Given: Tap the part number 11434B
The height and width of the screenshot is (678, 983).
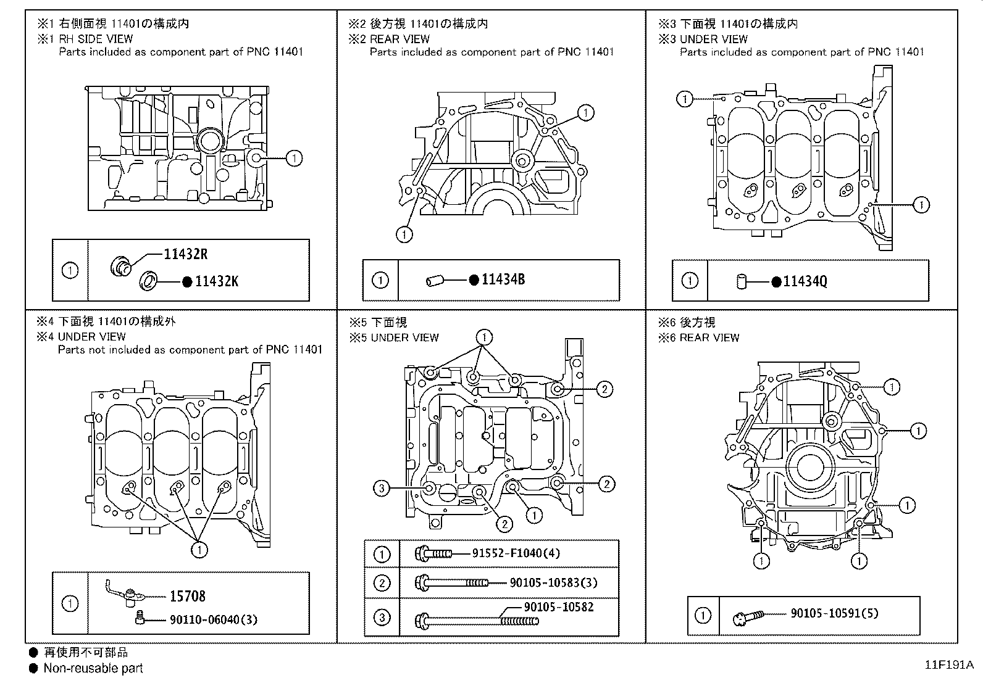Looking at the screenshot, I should tap(503, 279).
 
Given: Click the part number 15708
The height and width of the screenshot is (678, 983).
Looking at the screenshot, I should tap(187, 596).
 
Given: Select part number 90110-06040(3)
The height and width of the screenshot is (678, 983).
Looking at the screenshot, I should tap(213, 619).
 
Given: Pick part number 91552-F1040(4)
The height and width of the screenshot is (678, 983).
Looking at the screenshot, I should tap(516, 553).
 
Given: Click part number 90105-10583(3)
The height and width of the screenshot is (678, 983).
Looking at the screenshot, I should tap(553, 582).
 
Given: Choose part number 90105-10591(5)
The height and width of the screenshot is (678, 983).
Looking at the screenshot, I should tap(834, 613).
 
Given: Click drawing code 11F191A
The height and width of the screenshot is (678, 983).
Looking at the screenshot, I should tap(948, 665).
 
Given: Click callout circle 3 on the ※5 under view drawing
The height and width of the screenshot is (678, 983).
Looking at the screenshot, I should tap(382, 489).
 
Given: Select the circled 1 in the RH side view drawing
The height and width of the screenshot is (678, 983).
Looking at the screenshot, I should tap(295, 159).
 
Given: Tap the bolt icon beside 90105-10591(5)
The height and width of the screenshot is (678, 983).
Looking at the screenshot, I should tap(747, 616).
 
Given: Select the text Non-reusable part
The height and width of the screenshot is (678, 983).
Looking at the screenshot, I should tap(93, 668).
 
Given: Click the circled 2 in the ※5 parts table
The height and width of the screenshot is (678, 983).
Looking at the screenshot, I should tap(382, 583).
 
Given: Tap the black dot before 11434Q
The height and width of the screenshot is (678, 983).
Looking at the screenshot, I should tap(776, 282).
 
